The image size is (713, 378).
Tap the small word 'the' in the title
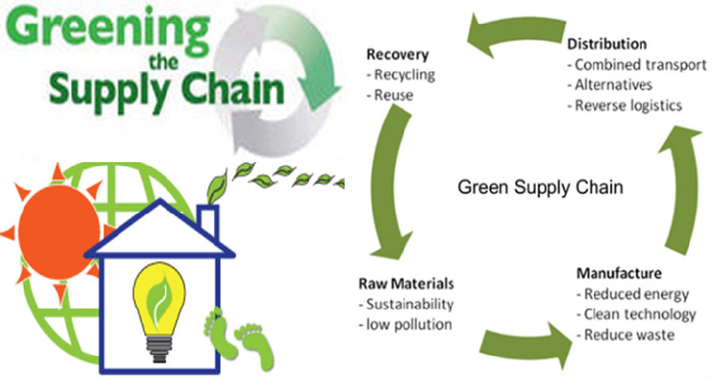(164, 62)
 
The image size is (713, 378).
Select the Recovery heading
(398, 55)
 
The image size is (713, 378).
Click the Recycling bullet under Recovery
(401, 75)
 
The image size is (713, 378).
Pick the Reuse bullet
(390, 96)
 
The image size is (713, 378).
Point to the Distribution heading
(607, 44)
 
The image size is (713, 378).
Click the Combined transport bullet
(637, 65)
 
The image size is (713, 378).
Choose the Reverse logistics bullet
(625, 106)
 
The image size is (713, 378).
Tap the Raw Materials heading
(406, 284)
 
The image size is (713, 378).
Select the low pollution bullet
(405, 325)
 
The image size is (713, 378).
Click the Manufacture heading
(619, 273)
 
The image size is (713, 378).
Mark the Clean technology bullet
(636, 315)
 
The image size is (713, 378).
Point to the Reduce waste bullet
(625, 335)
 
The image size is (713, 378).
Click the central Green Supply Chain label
(540, 187)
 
